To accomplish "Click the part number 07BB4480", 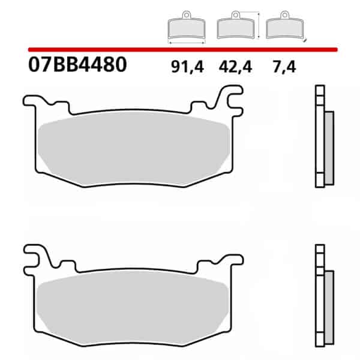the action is [x=77, y=65].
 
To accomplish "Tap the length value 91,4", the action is [x=187, y=67].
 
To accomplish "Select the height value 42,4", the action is [x=236, y=67].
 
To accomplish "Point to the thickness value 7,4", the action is [x=284, y=67].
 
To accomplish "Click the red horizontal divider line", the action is [x=183, y=50].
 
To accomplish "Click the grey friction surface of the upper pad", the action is [x=134, y=148].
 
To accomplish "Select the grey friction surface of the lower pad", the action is [x=133, y=308].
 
